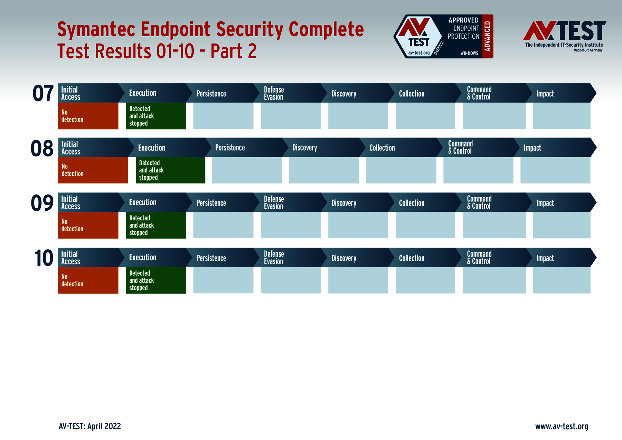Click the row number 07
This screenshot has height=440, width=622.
point(43,94)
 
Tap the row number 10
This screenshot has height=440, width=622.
point(44,258)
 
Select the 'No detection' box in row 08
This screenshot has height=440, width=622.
point(93,170)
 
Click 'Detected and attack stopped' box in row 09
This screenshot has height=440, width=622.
point(155,225)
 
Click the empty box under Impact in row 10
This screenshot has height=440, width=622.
point(562,280)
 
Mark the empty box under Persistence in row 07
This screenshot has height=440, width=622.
point(223,116)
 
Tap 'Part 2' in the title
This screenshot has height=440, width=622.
point(234,51)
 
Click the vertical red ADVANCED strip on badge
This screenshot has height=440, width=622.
point(487,36)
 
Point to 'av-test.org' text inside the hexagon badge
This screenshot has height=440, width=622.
point(419,53)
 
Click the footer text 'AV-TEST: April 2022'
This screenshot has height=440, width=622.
point(90,426)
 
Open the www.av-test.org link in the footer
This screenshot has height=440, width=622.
point(562,426)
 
